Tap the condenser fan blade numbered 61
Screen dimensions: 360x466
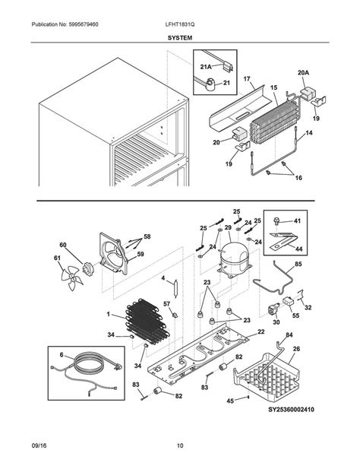coord(70,277)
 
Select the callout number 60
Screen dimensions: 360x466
coord(63,246)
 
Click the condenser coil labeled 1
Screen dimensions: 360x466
coord(147,322)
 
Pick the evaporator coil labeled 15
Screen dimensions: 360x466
coord(274,120)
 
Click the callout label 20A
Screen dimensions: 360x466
coord(303,72)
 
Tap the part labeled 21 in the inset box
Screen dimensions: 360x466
coord(211,84)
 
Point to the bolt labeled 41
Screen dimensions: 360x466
coord(276,221)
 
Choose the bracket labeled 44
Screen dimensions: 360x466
coord(283,241)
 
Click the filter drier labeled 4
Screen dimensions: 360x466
coord(175,287)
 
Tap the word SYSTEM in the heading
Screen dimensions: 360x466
coord(180,38)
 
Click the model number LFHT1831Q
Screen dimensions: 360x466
coord(180,24)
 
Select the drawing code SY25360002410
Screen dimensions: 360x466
coord(291,410)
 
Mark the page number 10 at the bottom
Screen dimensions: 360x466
coord(180,445)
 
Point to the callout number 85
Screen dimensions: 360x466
coord(298,264)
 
